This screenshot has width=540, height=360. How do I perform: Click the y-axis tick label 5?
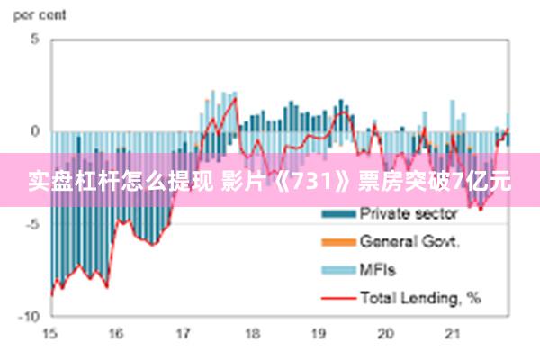(35, 40)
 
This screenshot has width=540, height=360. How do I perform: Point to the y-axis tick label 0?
(35, 131)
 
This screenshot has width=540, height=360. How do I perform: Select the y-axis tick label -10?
(31, 316)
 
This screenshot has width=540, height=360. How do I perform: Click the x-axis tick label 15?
(49, 333)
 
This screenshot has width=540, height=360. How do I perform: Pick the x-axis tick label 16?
(116, 333)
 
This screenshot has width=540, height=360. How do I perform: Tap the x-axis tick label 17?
(184, 333)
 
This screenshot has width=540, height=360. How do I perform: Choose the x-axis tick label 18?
(251, 333)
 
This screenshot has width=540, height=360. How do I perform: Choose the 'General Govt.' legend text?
(409, 241)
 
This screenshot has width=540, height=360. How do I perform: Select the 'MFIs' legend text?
(377, 269)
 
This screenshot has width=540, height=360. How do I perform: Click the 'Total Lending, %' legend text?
(420, 296)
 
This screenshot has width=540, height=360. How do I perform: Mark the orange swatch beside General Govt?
(338, 242)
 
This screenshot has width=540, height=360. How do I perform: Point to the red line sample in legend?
(338, 297)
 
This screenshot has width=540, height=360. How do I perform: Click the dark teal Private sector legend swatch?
(338, 214)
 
